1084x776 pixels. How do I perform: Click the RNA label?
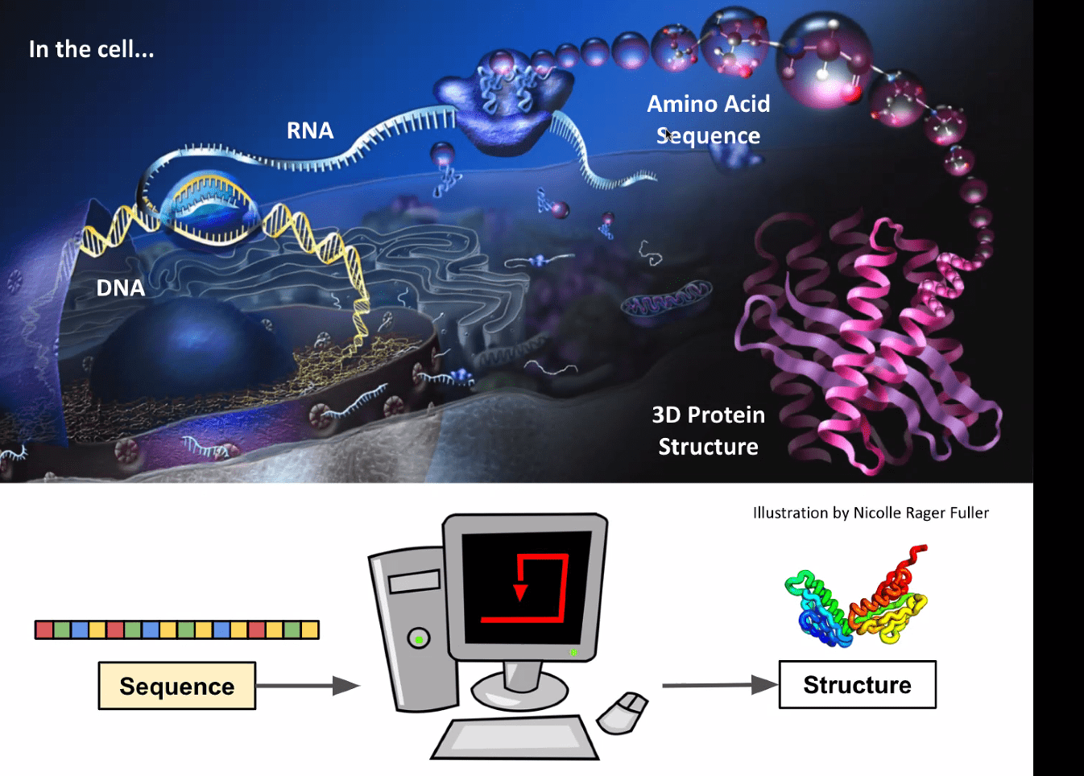coord(310,130)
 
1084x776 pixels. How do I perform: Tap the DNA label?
coord(121,287)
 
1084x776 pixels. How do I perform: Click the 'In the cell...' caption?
coord(91,49)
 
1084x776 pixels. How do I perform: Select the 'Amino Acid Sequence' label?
coord(709,119)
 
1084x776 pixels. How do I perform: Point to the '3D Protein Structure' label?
coord(708,431)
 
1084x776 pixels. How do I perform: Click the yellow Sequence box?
coord(177,686)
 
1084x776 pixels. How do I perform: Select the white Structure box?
coord(857,685)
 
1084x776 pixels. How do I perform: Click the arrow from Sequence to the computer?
coord(307,686)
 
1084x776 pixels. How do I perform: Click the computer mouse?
coord(622,713)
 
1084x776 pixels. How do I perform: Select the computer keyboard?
coord(515,737)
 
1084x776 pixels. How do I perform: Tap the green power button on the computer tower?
coord(419,639)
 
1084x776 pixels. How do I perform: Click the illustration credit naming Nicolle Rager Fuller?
coord(871,513)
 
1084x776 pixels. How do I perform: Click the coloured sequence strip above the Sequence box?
coord(177,629)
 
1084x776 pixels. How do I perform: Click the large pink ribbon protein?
coord(870,338)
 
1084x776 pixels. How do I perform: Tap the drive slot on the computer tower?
coord(415,580)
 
